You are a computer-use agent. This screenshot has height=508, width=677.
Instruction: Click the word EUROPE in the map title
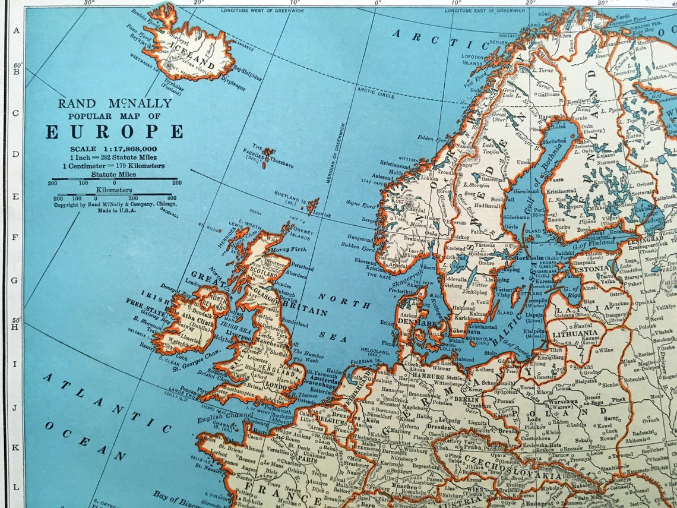[x=114, y=131]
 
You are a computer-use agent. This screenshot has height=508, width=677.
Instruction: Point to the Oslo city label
[x=430, y=234]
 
